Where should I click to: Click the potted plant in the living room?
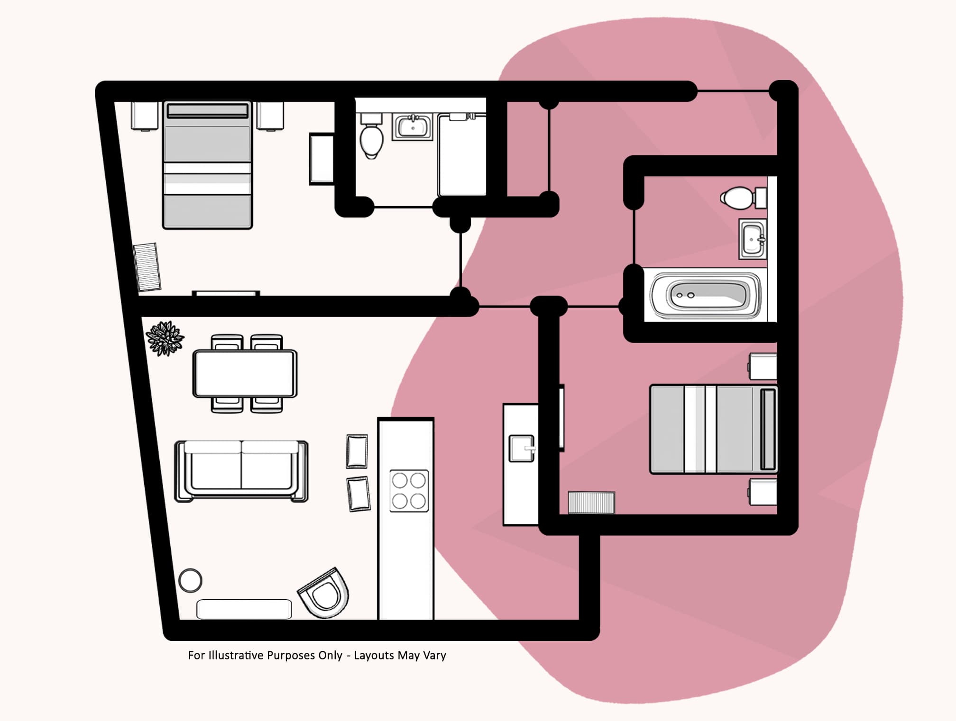(x=165, y=338)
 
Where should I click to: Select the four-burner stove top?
(x=409, y=491)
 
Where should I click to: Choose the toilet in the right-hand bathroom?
(x=739, y=198)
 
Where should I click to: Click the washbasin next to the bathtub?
(x=752, y=239)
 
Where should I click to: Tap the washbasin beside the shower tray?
(x=412, y=127)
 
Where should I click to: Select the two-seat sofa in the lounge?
(x=241, y=471)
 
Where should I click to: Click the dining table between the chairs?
(x=245, y=373)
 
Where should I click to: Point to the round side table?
(x=190, y=580)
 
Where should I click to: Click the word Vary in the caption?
(x=434, y=655)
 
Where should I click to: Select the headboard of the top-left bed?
(x=207, y=110)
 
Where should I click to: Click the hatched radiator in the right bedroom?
(x=591, y=503)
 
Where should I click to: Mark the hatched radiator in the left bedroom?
(x=147, y=267)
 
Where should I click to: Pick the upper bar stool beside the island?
(x=357, y=451)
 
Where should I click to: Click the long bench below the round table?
(x=244, y=609)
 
